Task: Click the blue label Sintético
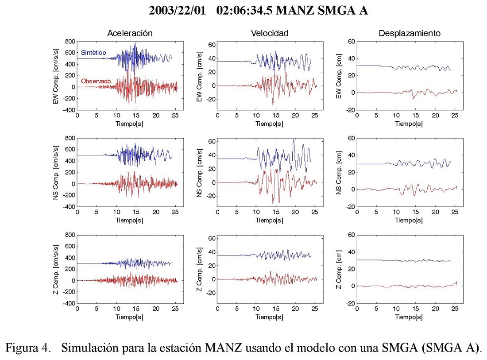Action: coord(93,52)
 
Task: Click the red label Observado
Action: coord(95,81)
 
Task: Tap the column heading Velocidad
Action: coord(270,33)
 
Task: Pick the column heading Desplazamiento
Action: coord(409,33)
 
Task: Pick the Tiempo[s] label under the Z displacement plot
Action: coord(409,317)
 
